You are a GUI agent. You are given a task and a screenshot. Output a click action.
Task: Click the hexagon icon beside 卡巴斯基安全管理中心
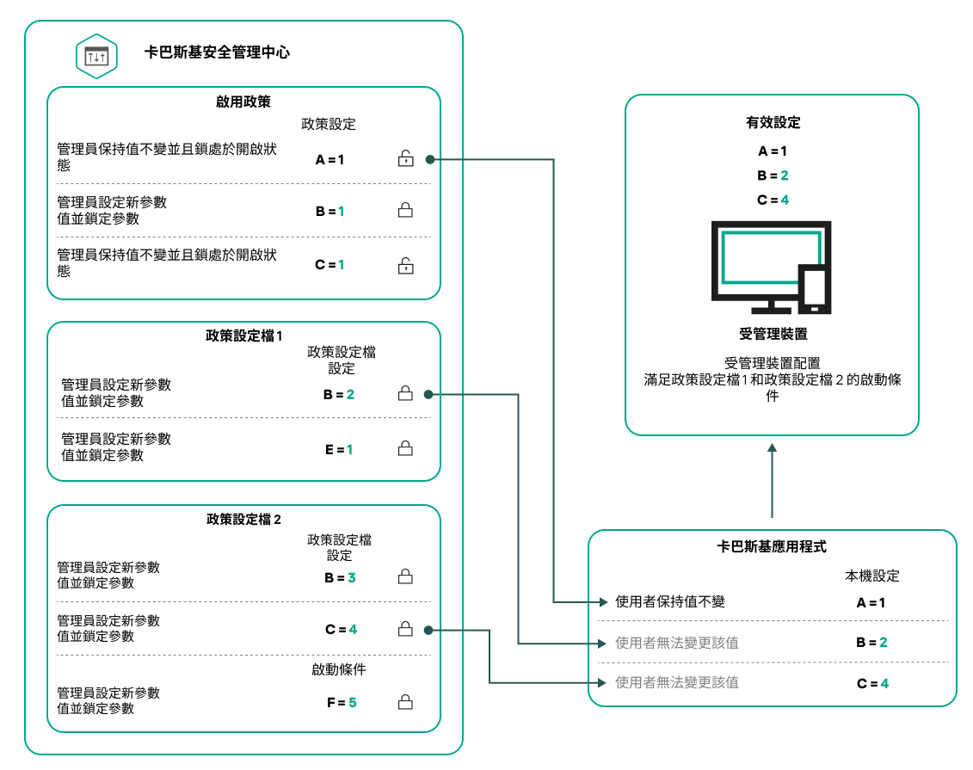(96, 56)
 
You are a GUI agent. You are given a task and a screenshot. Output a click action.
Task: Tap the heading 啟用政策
(243, 102)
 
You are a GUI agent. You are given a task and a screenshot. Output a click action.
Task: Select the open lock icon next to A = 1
(405, 158)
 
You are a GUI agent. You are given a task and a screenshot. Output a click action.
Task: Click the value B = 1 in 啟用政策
(329, 211)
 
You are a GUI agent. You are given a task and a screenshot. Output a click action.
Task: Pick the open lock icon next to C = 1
(405, 265)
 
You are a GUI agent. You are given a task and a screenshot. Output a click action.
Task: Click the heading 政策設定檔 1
(244, 336)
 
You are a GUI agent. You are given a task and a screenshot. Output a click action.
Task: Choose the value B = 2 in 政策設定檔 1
(339, 394)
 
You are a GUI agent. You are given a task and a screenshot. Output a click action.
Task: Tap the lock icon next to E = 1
(405, 448)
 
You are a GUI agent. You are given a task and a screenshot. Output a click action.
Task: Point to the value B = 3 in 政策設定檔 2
(340, 578)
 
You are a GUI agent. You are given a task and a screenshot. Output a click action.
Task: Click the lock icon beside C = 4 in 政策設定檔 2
(405, 630)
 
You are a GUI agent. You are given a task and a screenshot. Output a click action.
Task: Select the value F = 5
(341, 702)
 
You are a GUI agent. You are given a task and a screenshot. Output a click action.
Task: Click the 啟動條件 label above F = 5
(339, 669)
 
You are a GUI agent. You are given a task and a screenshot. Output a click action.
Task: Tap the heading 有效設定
(773, 123)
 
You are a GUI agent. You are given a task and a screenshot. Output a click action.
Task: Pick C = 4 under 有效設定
(773, 200)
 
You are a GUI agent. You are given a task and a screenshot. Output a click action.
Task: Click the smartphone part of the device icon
(813, 288)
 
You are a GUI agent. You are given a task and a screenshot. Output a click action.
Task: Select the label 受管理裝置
(773, 333)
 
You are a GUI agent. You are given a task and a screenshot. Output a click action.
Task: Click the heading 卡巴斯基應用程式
(772, 547)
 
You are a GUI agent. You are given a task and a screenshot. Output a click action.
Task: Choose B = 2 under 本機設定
(871, 642)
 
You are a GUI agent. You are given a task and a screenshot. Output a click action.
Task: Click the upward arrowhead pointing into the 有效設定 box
(773, 447)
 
